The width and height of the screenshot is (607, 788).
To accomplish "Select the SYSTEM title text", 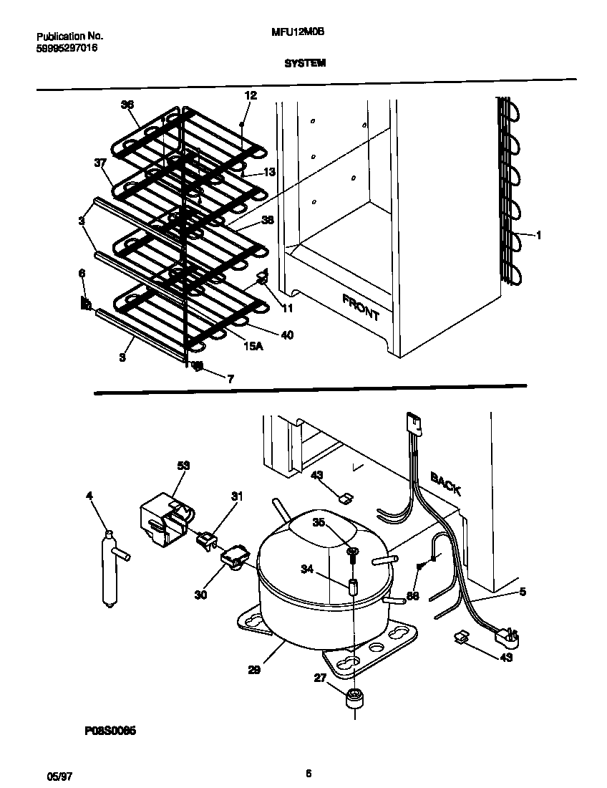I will [x=305, y=63].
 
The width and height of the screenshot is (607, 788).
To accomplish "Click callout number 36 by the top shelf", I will [x=127, y=105].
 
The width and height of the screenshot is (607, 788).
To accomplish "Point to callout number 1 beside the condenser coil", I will [x=539, y=235].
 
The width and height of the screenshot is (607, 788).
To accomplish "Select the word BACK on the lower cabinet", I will [x=445, y=484].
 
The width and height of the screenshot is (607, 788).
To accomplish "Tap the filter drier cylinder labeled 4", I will [x=110, y=570].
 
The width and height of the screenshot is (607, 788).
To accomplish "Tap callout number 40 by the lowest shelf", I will [x=286, y=335].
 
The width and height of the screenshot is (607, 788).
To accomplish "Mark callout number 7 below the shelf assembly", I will [x=230, y=379].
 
